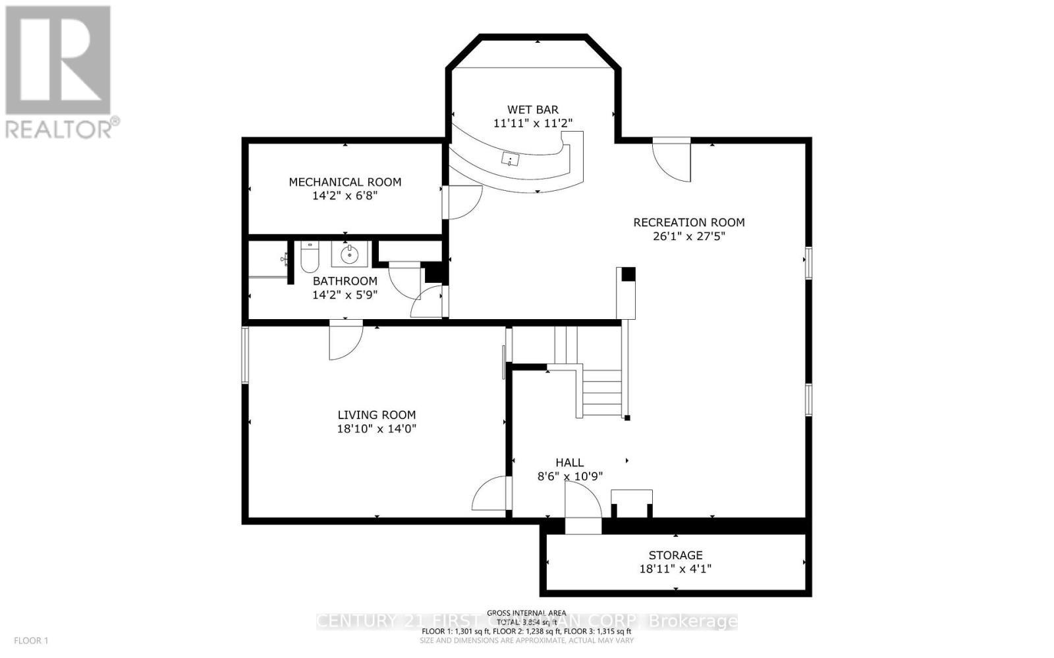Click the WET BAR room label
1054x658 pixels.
coord(532,109)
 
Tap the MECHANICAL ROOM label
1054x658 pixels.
coord(345,182)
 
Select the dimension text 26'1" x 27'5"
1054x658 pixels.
coord(688,236)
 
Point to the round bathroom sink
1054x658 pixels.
coord(349,253)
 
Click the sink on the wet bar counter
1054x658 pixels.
coord(510,159)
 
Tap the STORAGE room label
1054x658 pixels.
coord(675,555)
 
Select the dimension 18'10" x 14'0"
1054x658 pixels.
coord(376,428)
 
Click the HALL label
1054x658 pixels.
coord(569,463)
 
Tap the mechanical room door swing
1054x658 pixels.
coord(463,203)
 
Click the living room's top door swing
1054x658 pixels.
coord(345,341)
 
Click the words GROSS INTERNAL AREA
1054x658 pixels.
coord(526,613)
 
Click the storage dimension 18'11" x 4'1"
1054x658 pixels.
coord(675,569)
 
